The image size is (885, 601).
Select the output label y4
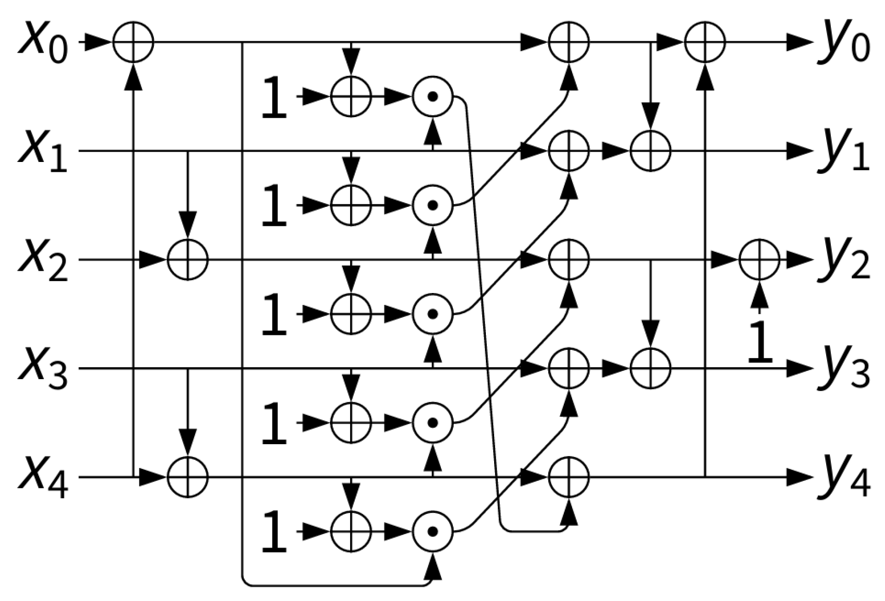click(x=844, y=480)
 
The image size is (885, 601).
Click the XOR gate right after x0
click(x=133, y=42)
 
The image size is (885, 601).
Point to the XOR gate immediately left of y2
click(x=758, y=260)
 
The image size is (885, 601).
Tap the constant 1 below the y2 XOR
click(x=760, y=340)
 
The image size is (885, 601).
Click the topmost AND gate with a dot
click(x=433, y=96)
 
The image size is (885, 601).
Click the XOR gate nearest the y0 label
click(x=705, y=42)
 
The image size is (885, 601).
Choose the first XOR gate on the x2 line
click(x=187, y=260)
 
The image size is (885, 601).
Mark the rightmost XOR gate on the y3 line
click(x=650, y=369)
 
